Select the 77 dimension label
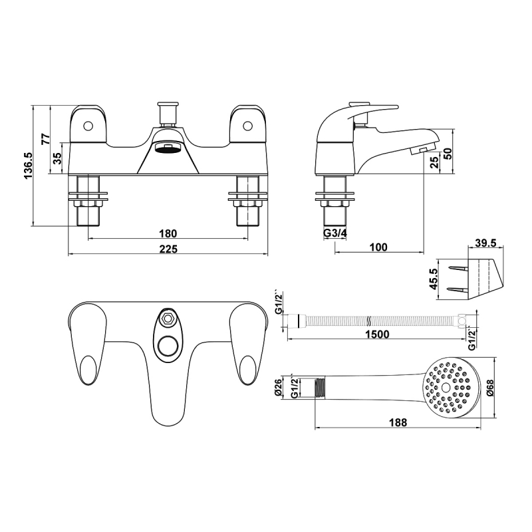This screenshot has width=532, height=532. (x=46, y=139)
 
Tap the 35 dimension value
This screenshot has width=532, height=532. (x=57, y=158)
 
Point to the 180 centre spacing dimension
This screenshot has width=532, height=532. (x=168, y=233)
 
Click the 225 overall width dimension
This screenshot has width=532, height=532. (x=168, y=249)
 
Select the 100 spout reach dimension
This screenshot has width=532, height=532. (x=377, y=247)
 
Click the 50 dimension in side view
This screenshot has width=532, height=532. (x=448, y=152)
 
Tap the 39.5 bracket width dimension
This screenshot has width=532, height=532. (x=487, y=242)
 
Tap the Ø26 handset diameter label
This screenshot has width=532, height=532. (x=279, y=388)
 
